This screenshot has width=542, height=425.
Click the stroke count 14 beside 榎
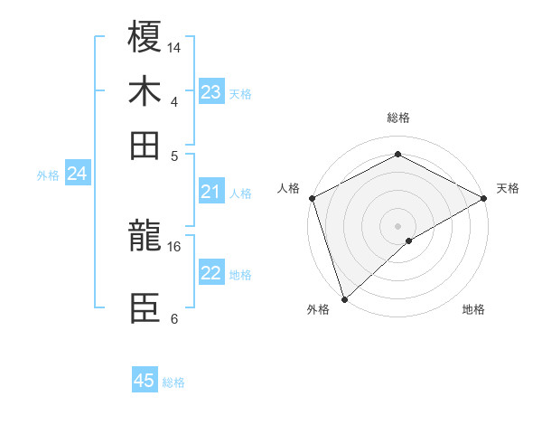pos(174,47)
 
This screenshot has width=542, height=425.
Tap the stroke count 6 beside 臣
pos(174,318)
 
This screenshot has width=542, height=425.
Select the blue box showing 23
pos(211,92)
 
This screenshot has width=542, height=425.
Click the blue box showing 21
pos(211,192)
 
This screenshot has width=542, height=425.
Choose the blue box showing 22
pos(211,273)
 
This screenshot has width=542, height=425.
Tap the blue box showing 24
pos(78,175)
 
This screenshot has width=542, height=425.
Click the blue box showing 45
pos(145,381)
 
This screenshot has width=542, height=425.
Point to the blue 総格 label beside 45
pos(173,382)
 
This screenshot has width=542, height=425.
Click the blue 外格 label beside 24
pos(48,175)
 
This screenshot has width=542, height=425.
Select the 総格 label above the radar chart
pos(397,118)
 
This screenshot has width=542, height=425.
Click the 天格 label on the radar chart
pos(508,188)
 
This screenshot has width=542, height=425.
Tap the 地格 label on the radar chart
pos(473,309)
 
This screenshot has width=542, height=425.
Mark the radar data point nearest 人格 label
pos(312,198)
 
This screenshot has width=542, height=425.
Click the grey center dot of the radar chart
pos(397,225)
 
